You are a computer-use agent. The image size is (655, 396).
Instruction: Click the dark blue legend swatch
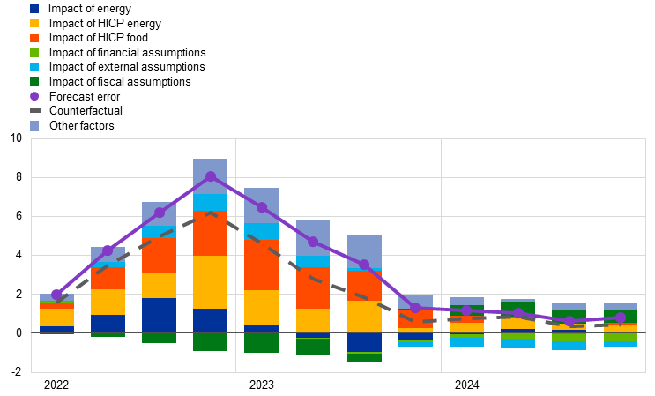(34, 8)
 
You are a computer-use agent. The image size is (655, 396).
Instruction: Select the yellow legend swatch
(34, 23)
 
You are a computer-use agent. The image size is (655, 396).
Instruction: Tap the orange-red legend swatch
(34, 38)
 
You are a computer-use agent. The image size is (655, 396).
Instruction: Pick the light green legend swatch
(34, 52)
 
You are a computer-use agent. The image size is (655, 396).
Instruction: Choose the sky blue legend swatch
(34, 67)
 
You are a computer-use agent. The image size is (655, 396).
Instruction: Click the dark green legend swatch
(34, 81)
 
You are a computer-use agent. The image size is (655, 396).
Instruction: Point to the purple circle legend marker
(34, 96)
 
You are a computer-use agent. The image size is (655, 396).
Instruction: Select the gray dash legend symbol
(34, 110)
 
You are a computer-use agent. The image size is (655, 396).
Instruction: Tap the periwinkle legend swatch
(34, 125)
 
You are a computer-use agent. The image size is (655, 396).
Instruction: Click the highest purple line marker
(211, 176)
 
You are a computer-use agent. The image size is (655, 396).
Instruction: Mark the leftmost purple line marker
(57, 295)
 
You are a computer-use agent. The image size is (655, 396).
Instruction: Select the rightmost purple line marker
(621, 318)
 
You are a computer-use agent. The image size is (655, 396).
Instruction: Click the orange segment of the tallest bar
(211, 234)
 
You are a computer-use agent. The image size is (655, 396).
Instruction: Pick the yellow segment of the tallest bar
(211, 282)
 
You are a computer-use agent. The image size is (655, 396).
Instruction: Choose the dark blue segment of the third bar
(159, 315)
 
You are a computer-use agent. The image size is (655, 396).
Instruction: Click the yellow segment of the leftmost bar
(57, 317)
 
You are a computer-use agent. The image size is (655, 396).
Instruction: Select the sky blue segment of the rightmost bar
(621, 345)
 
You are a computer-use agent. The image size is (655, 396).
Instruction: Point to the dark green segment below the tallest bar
(211, 341)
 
